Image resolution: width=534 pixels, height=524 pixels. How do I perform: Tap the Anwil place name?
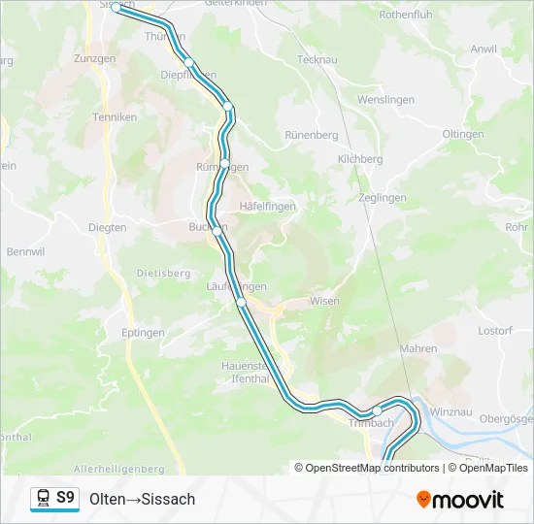[483, 49]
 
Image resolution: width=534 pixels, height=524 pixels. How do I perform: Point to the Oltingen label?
[462, 134]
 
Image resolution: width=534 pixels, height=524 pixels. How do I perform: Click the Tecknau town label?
[317, 59]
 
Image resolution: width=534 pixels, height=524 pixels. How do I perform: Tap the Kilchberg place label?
[359, 159]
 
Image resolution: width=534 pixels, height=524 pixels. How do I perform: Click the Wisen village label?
[324, 302]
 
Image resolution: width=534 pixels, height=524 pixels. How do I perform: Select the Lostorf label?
[496, 331]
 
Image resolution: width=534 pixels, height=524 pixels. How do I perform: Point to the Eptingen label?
[143, 333]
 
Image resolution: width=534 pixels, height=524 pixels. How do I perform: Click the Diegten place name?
[107, 228]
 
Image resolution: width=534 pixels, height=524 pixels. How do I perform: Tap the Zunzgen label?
[93, 59]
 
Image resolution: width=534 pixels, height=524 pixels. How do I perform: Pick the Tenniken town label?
[114, 117]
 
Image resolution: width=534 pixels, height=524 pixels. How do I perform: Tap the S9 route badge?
[65, 498]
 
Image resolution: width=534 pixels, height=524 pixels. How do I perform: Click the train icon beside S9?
[44, 499]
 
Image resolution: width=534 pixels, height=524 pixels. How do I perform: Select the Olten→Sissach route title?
[142, 500]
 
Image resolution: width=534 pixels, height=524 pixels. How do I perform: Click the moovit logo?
[460, 500]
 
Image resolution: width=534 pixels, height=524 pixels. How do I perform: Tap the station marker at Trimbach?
[377, 410]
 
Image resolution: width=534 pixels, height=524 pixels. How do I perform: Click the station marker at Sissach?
[117, 7]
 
